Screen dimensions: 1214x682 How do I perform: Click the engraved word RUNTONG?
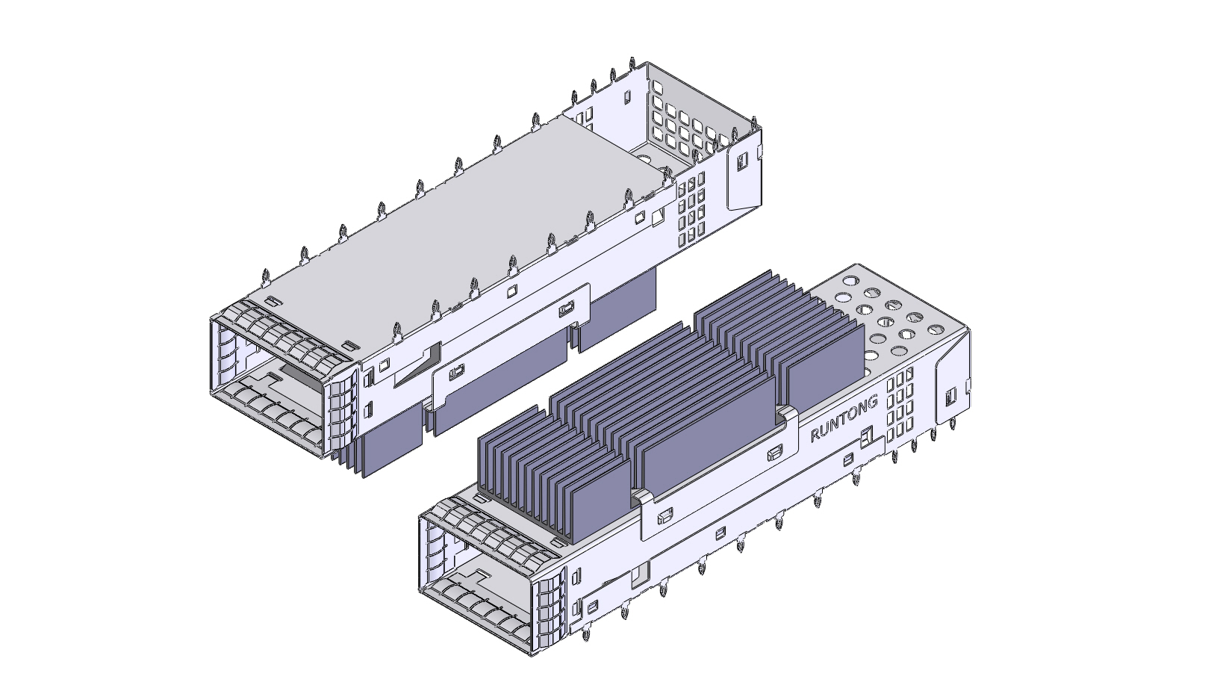tap(844, 420)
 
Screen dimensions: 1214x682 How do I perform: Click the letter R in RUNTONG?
tap(815, 436)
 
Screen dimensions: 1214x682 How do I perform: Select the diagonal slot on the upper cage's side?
tap(418, 364)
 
